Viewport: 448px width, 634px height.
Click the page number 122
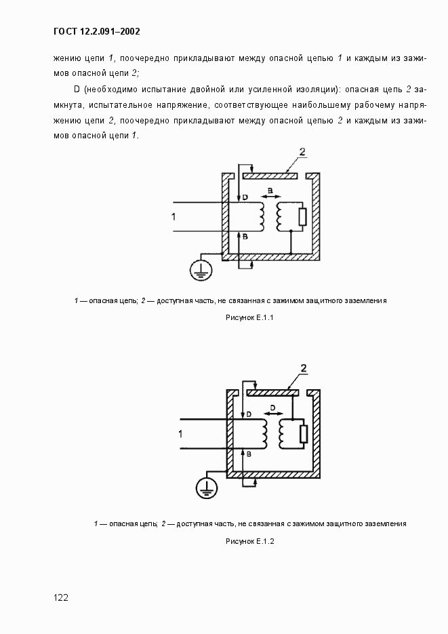(60, 597)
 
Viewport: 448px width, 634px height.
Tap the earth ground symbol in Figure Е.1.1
(200, 270)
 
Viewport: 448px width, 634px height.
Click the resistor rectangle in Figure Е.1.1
(302, 217)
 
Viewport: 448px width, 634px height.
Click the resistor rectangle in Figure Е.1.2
(304, 433)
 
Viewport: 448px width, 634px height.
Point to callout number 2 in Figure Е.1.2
(304, 369)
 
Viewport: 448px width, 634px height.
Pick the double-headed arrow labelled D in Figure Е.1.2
(272, 412)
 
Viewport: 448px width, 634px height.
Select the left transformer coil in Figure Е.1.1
(261, 216)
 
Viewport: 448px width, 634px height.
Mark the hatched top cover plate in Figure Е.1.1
(269, 176)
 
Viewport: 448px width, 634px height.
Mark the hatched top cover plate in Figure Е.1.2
(273, 392)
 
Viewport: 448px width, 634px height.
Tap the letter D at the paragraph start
(76, 89)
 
